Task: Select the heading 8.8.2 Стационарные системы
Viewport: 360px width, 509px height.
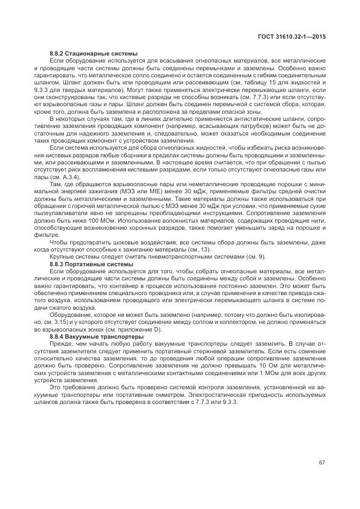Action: click(x=93, y=53)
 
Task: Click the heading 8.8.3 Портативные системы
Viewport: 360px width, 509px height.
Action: click(x=91, y=264)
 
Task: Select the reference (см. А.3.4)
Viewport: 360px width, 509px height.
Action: click(x=65, y=177)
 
